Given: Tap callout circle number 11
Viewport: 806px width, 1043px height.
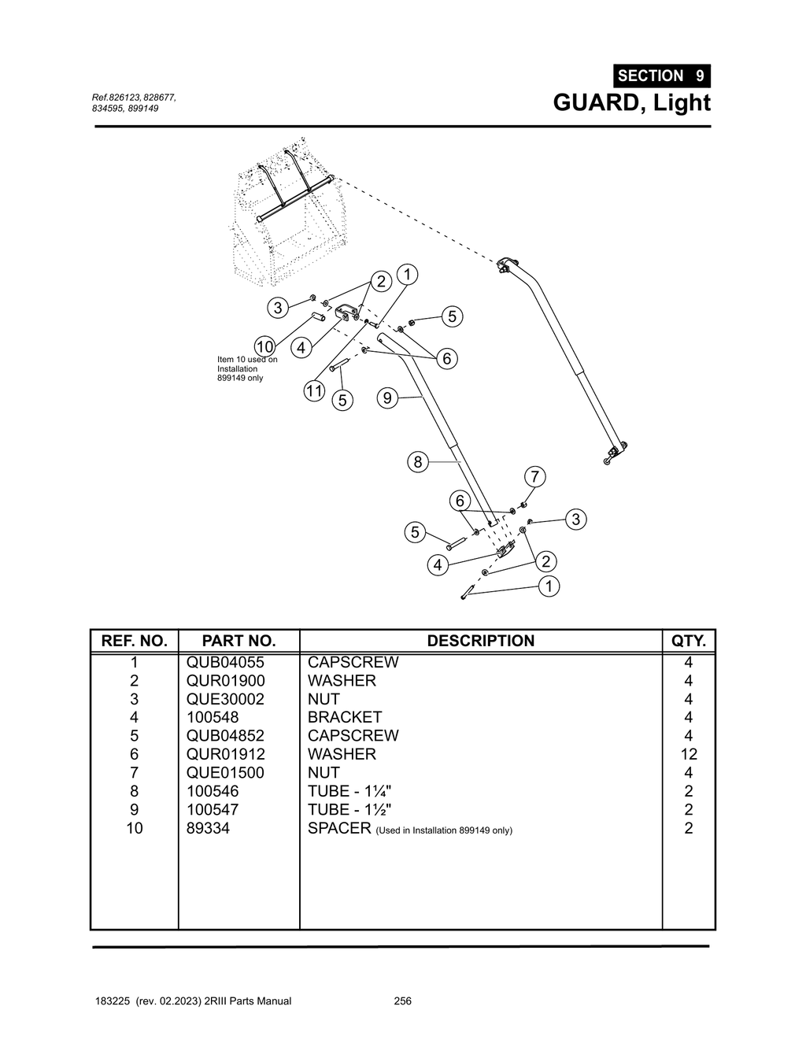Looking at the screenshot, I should (x=315, y=390).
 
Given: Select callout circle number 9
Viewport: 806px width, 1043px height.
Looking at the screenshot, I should (x=386, y=398).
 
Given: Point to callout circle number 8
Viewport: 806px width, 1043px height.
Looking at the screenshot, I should (x=417, y=462).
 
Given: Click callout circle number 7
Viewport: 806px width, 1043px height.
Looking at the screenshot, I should (x=534, y=477).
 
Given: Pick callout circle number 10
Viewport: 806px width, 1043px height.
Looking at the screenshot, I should (x=264, y=346).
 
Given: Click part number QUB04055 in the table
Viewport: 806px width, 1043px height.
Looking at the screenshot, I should (x=225, y=662).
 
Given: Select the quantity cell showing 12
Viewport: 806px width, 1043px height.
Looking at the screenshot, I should (x=688, y=754).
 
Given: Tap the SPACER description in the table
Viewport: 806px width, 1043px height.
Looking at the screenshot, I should (x=338, y=828).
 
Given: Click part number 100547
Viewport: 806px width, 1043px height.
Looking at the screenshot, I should (x=212, y=809).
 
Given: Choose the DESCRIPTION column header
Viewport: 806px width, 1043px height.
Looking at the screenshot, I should (x=480, y=641).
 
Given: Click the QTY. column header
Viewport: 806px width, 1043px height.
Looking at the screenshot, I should (x=688, y=641).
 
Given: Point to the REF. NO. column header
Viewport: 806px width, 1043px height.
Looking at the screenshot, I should (x=135, y=641).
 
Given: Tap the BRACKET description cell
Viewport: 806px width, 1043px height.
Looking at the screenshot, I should (x=344, y=717).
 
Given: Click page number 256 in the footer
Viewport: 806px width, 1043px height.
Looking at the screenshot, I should (x=402, y=1001).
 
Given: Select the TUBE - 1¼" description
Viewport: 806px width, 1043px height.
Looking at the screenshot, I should (x=349, y=791).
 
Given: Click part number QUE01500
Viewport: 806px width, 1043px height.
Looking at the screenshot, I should (x=225, y=772).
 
